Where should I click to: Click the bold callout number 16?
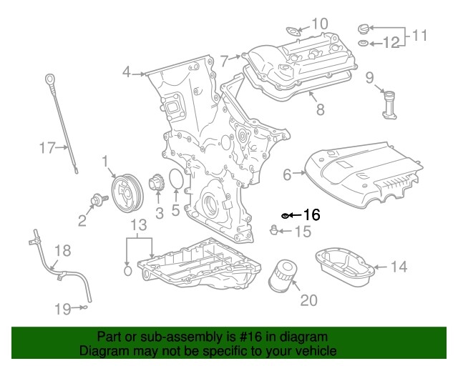point(311,214)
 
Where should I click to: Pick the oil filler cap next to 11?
point(364,29)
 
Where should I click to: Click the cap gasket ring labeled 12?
point(363,44)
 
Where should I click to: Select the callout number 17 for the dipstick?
point(47,148)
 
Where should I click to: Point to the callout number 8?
point(320,109)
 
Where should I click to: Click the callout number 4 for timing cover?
point(127,71)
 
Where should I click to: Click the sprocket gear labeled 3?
point(155,187)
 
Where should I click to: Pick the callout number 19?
point(63,309)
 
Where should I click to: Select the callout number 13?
point(139,227)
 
